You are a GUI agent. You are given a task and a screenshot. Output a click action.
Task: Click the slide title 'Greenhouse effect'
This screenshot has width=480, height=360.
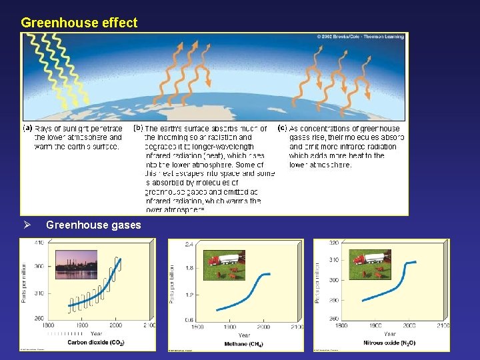point(79,23)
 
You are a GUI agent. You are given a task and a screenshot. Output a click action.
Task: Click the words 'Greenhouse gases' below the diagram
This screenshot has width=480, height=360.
point(93,225)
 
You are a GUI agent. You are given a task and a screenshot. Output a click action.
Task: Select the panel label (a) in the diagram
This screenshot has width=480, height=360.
point(27,128)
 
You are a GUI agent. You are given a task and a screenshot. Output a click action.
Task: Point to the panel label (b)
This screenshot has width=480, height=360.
point(138,128)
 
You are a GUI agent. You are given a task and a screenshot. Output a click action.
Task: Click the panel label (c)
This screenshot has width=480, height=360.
point(283,128)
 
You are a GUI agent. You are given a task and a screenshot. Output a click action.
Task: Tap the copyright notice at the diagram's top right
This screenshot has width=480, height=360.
point(361,37)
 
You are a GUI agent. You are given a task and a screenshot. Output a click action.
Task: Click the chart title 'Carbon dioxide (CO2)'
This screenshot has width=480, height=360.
point(96,343)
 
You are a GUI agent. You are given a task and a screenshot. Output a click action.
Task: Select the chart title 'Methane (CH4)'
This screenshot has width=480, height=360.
point(243,344)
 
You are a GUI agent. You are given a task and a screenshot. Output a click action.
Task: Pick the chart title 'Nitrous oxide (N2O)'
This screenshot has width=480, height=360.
point(389,343)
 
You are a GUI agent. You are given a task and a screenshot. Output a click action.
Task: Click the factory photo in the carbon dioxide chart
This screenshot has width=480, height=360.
point(76,264)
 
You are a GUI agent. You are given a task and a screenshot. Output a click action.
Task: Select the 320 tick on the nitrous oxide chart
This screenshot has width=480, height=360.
point(333,243)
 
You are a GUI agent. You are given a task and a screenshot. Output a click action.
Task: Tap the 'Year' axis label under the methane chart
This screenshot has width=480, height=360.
point(245,335)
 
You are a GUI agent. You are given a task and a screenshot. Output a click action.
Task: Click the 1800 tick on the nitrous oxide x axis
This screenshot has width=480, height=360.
point(341,326)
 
